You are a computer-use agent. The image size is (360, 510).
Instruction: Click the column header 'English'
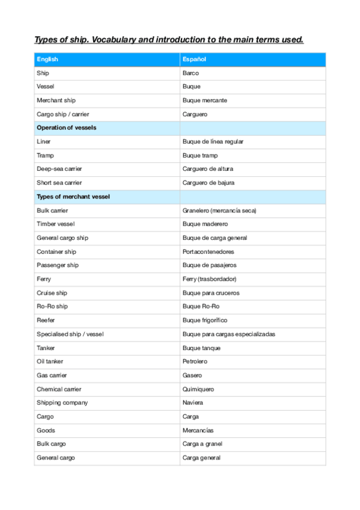pos(47,59)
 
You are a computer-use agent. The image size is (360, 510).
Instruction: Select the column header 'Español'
pos(194,59)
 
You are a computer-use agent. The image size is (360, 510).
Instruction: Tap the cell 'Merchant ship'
pos(56,100)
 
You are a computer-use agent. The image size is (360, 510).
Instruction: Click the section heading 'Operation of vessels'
pos(66,127)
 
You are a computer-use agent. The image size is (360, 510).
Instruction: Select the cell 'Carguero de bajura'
pos(208,183)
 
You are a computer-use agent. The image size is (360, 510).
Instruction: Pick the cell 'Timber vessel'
pos(55,224)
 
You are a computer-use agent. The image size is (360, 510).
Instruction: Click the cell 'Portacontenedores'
pos(208,252)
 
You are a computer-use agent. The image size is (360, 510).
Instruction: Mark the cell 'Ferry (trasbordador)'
pos(210,279)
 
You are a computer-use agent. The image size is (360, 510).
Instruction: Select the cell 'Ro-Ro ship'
pos(52,307)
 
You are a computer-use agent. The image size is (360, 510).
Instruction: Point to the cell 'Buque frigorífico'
pos(205,321)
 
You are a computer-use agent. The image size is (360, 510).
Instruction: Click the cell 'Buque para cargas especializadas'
pos(229,334)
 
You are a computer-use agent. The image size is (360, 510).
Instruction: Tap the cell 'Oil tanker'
pos(50,361)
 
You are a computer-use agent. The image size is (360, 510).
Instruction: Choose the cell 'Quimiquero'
pos(198,389)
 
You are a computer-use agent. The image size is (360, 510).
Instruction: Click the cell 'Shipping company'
pos(62,403)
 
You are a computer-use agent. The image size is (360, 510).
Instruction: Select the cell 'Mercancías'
pos(198,431)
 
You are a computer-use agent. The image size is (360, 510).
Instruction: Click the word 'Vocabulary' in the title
pos(114,40)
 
